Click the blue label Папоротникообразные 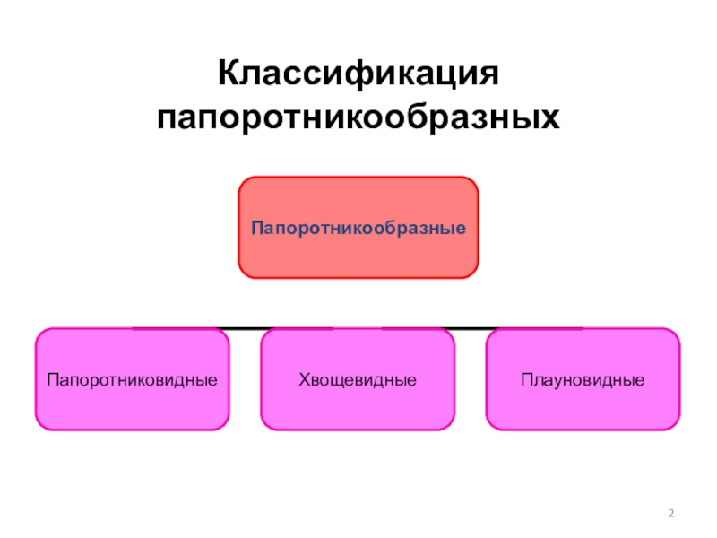point(358,229)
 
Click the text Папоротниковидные point(132,380)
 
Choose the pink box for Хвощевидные point(358,408)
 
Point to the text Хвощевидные point(358,380)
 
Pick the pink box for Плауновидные point(583,408)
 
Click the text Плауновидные point(583,380)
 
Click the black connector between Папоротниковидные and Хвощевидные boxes point(245,329)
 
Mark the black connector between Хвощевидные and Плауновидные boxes point(471,329)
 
